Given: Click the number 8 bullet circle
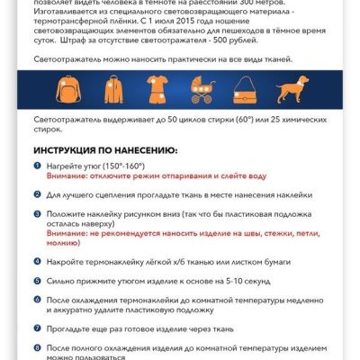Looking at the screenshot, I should pyautogui.click(x=38, y=346).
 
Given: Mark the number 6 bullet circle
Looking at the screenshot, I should pyautogui.click(x=38, y=301).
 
